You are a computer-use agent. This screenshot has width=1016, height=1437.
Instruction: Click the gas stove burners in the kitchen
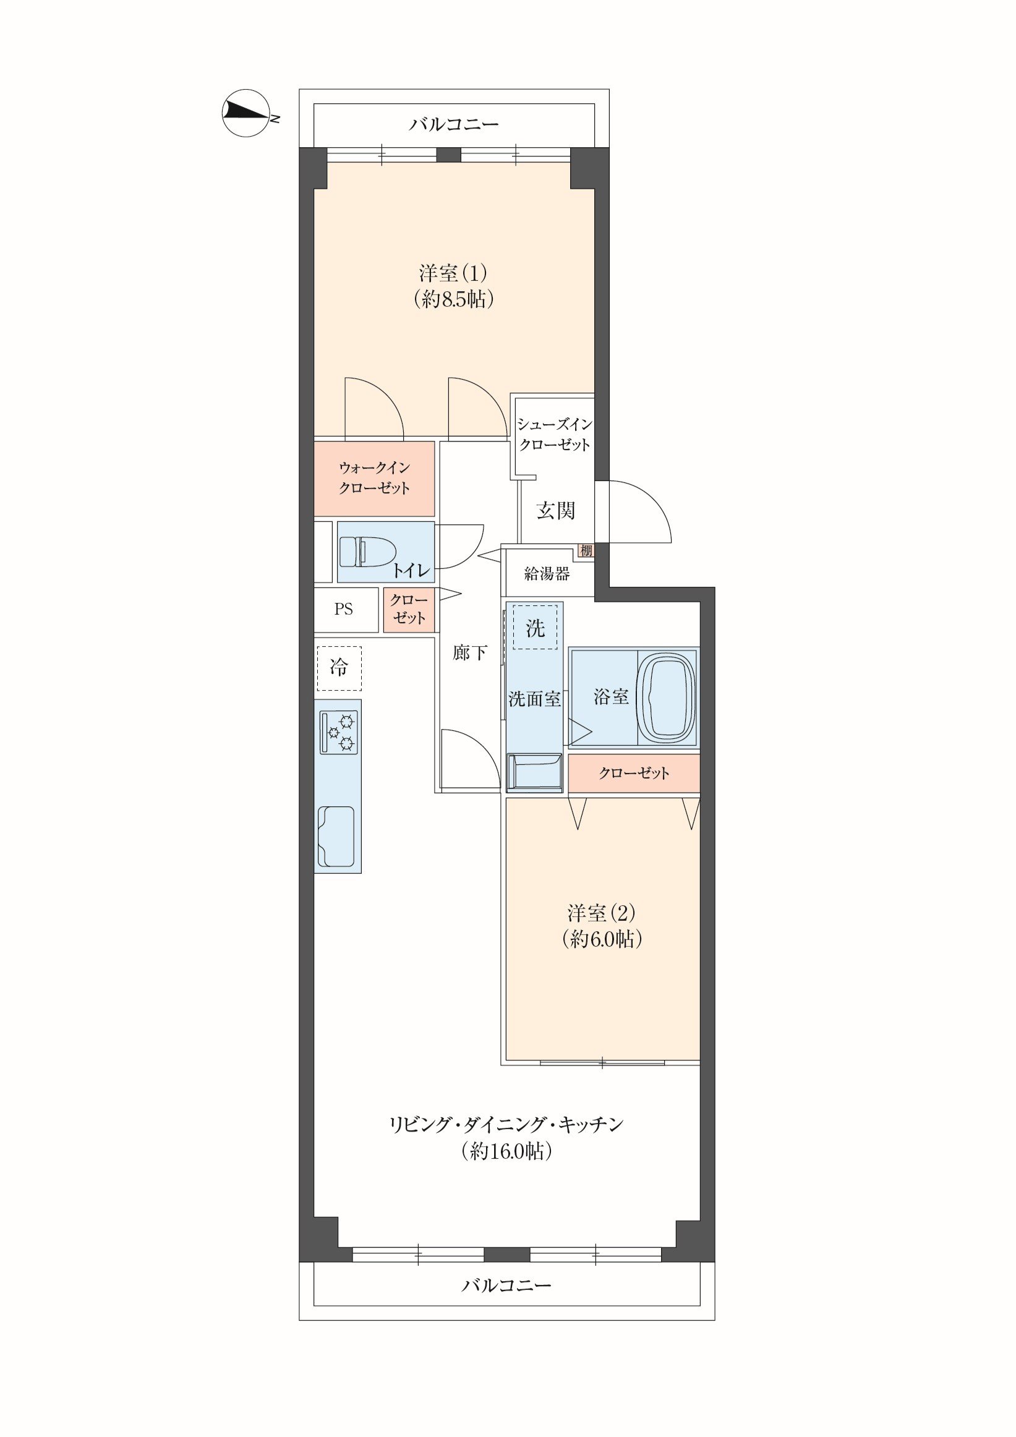(x=339, y=732)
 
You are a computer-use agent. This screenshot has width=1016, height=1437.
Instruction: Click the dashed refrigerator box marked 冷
(x=339, y=668)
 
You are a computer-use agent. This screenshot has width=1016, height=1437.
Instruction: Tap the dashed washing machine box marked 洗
(x=535, y=627)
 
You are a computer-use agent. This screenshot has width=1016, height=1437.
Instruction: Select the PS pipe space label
(x=343, y=609)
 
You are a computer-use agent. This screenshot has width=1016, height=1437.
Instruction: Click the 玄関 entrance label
(x=555, y=511)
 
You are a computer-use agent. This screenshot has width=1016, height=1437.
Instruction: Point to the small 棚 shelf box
(x=586, y=551)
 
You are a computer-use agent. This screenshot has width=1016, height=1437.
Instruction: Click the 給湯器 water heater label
(x=547, y=573)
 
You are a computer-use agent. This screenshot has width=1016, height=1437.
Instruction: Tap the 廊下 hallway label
(x=469, y=653)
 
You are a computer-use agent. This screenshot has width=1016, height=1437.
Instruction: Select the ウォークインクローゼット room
(x=374, y=479)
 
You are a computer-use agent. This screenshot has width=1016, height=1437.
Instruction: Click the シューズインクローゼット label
(x=554, y=435)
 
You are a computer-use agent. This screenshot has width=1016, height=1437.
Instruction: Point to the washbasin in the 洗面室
(x=534, y=772)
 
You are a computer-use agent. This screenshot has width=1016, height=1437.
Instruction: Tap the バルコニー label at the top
(x=454, y=124)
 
